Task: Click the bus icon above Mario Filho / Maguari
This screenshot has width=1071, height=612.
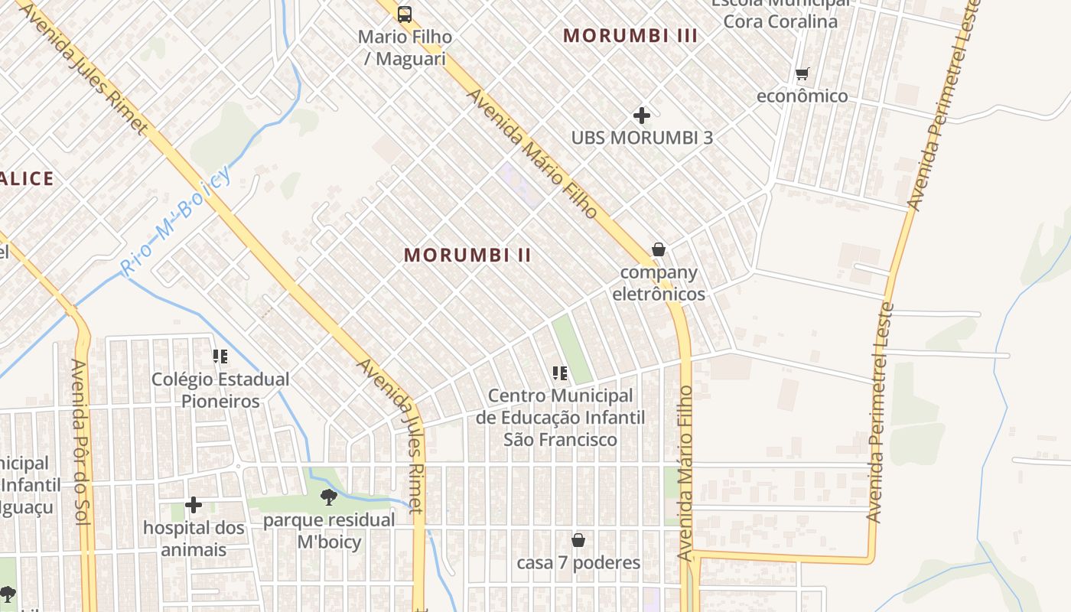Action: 405,14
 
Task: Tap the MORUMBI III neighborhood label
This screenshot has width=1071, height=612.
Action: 630,35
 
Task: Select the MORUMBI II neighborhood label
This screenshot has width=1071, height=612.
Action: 467,256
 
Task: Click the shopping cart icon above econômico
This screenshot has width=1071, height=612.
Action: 802,74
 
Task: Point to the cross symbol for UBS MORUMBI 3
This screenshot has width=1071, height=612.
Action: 642,116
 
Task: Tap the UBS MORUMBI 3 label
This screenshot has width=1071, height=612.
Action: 642,138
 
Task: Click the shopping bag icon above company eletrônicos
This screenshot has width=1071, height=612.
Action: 658,249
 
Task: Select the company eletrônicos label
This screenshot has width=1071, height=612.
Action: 659,283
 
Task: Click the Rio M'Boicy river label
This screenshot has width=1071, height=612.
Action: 176,221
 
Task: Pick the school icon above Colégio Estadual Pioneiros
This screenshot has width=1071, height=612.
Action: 220,356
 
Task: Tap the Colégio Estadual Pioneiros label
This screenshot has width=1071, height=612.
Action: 220,390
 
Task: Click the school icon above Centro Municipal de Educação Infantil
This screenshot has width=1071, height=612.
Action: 560,373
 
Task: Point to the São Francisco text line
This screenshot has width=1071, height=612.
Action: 560,440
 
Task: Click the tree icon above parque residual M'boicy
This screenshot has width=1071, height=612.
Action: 329,497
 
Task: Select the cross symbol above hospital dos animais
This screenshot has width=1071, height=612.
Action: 194,505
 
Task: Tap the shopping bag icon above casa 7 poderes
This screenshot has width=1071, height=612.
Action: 578,540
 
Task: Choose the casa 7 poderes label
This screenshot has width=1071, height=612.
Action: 578,563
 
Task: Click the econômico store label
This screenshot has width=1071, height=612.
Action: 802,96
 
